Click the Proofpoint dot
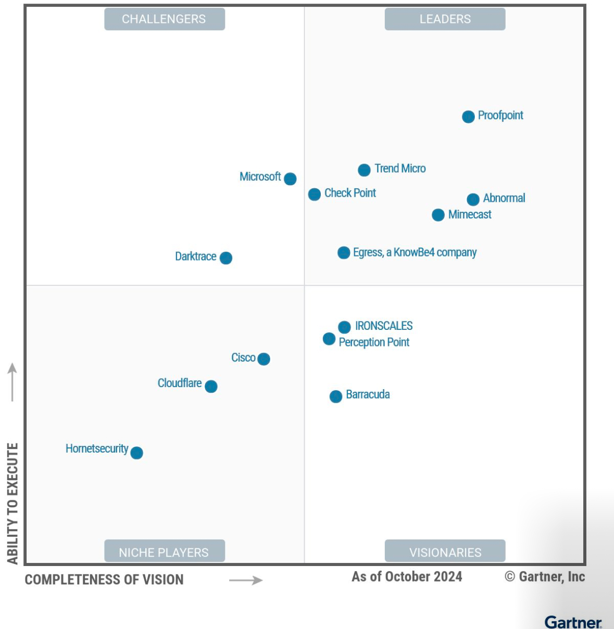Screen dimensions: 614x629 click(x=468, y=117)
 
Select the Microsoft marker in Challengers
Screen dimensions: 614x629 click(x=290, y=179)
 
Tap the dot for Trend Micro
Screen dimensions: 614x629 click(x=364, y=170)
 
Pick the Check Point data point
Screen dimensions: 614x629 click(x=314, y=194)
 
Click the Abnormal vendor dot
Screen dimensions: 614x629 click(x=473, y=199)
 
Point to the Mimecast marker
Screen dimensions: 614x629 click(x=438, y=215)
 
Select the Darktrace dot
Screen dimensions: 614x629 click(x=226, y=258)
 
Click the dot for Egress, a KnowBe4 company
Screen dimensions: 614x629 click(x=344, y=253)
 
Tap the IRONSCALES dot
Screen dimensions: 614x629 click(x=344, y=327)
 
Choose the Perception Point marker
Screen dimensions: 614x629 click(x=329, y=339)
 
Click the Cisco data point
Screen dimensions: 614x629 click(x=264, y=359)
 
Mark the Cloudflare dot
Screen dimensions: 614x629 click(x=211, y=386)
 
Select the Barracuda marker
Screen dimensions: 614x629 click(x=336, y=396)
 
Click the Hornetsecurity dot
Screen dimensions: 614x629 click(x=136, y=453)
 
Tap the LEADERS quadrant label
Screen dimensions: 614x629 click(x=445, y=19)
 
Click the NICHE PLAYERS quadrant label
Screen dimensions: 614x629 click(x=165, y=552)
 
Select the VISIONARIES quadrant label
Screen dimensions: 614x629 click(x=445, y=552)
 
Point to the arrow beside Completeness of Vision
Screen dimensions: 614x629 click(x=246, y=580)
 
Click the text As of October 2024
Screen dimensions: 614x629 click(x=407, y=576)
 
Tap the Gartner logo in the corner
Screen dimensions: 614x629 click(x=573, y=622)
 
